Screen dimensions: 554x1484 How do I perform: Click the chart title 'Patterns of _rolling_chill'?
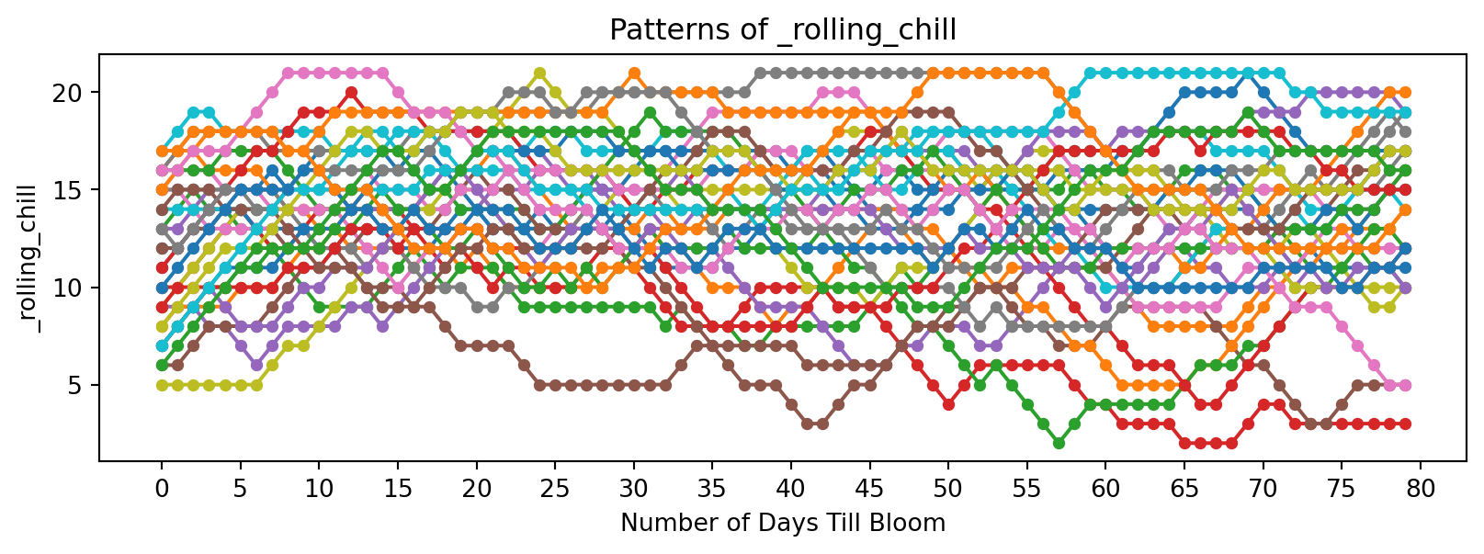point(783,30)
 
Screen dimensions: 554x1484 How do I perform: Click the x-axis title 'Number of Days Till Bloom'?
point(783,524)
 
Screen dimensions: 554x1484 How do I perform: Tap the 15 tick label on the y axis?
point(76,190)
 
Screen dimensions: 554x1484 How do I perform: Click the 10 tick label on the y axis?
point(76,288)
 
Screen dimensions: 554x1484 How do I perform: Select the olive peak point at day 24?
point(539,73)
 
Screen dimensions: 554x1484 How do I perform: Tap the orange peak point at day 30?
point(634,73)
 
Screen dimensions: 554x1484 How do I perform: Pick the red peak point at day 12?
point(351,93)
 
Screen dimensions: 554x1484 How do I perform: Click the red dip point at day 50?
point(948,404)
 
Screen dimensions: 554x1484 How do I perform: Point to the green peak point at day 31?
point(650,112)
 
